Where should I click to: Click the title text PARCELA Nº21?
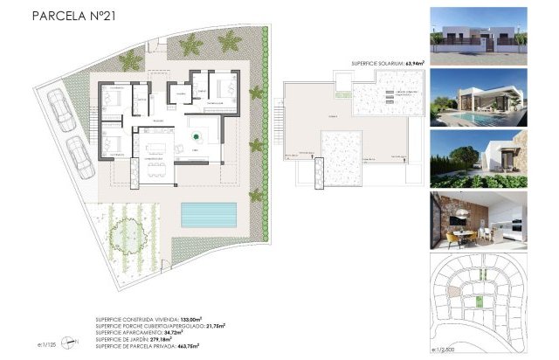tap(73, 15)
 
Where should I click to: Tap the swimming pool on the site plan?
tap(210, 213)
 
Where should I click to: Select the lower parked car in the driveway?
tap(80, 159)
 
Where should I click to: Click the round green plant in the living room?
tap(197, 136)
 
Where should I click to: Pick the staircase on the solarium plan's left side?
tap(279, 115)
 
